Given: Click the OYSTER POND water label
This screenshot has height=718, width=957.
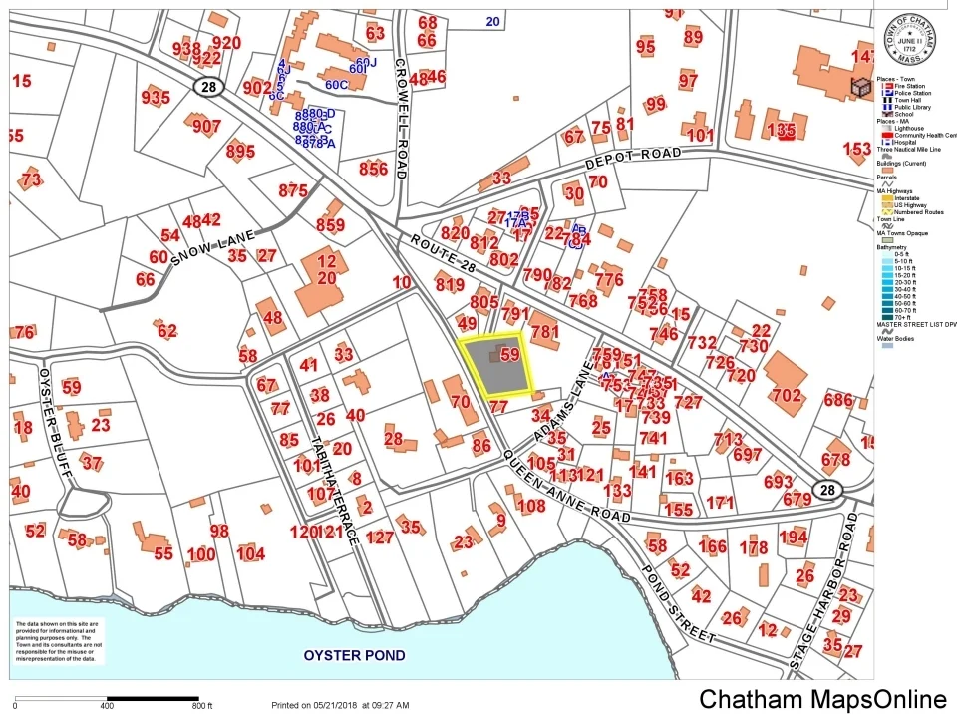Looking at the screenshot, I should pyautogui.click(x=355, y=655).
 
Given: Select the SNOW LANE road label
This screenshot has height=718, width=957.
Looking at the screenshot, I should pyautogui.click(x=215, y=244).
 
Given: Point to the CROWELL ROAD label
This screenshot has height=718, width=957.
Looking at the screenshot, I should pyautogui.click(x=400, y=117).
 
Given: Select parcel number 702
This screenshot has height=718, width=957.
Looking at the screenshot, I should pyautogui.click(x=786, y=396).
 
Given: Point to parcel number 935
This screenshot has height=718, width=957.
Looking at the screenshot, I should pyautogui.click(x=156, y=97).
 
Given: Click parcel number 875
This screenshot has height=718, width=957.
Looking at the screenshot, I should pyautogui.click(x=293, y=190).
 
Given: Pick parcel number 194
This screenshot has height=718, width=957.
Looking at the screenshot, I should pyautogui.click(x=794, y=538).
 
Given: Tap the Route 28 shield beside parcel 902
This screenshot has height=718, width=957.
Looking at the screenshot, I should pyautogui.click(x=207, y=88).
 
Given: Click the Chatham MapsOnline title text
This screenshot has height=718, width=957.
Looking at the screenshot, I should pyautogui.click(x=821, y=699).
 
